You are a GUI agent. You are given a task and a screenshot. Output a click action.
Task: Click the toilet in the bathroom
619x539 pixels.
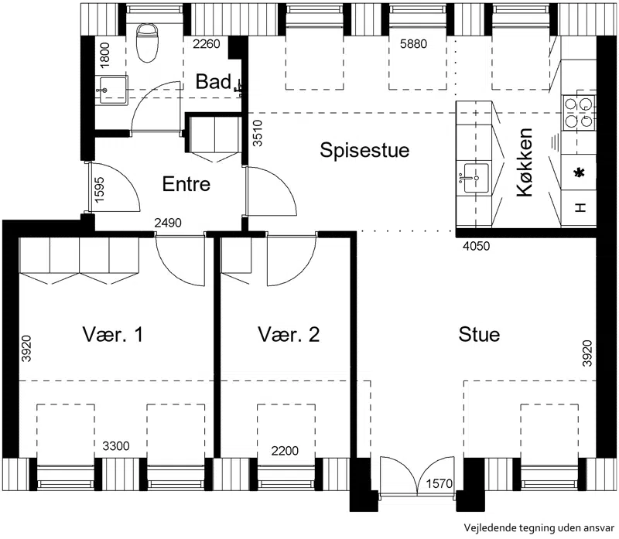click(x=146, y=43)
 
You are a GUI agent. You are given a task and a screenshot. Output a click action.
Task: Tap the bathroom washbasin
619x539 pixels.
click(x=113, y=90)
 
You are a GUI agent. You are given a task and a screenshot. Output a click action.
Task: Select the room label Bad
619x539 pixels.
click(x=214, y=82)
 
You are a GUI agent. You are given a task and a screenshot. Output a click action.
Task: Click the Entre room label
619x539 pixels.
click(x=186, y=184)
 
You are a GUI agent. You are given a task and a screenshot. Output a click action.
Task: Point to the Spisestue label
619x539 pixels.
click(x=364, y=150)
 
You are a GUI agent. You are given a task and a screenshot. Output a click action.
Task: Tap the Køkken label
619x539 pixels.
click(x=525, y=162)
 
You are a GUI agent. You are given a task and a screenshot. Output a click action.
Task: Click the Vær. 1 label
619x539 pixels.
click(x=113, y=335)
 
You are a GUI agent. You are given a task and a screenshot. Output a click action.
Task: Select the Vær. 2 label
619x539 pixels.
click(x=289, y=335)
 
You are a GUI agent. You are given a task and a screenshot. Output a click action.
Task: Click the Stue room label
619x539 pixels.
click(x=479, y=335)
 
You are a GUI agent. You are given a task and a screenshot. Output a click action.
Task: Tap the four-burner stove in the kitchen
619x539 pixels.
click(x=579, y=112)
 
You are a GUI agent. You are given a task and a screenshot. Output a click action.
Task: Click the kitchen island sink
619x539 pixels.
click(x=474, y=178)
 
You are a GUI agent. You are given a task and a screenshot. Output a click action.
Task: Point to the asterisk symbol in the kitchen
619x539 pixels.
click(x=579, y=172)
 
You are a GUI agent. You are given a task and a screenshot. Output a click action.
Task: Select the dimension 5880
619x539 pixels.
click(x=413, y=44)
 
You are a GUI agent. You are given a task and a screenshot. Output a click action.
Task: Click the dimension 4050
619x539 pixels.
click(x=476, y=246)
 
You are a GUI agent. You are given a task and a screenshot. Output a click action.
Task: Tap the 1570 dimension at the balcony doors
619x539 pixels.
click(x=439, y=483)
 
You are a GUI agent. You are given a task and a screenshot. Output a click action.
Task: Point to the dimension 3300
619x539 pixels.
click(x=115, y=446)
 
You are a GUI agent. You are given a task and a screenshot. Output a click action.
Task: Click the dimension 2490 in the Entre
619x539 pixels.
click(x=168, y=223)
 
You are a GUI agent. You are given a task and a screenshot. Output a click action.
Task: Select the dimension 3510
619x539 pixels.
click(x=258, y=133)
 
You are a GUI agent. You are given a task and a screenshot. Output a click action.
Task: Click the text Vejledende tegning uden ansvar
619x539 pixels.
click(x=539, y=528)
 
